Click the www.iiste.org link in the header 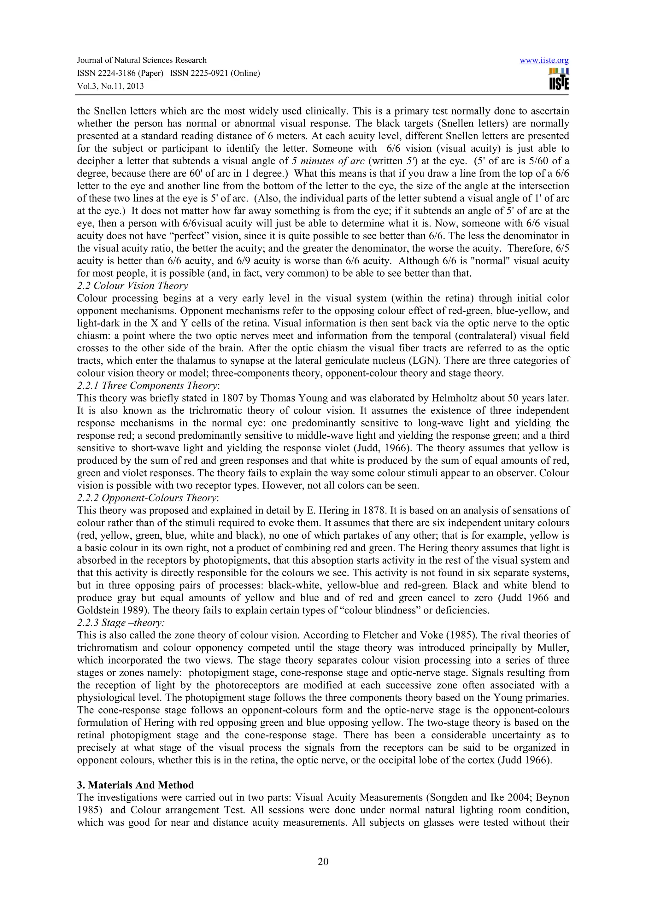point(544,61)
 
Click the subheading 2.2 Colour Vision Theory point(132,286)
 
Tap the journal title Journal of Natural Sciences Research point(142,61)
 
